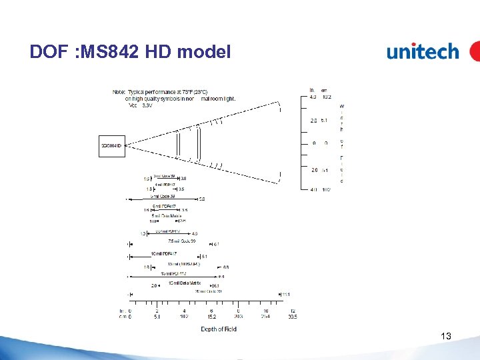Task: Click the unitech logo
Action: pos(423,52)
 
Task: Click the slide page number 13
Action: pos(446,337)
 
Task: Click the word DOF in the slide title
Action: pos(47,51)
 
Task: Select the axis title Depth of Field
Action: pos(219,329)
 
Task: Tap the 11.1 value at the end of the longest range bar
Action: pos(286,294)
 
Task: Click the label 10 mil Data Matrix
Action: pos(185,283)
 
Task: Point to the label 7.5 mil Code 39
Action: pos(181,241)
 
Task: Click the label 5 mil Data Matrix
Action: pos(167,216)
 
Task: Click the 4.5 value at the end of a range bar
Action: pos(195,233)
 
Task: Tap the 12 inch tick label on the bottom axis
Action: pos(293,311)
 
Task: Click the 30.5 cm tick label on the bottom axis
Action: pos(293,317)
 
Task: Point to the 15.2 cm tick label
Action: pos(211,317)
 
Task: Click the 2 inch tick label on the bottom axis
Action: pos(157,311)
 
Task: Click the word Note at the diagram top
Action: pos(119,91)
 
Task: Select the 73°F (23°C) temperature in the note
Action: pos(192,91)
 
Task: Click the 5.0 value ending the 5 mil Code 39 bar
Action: pos(202,199)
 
